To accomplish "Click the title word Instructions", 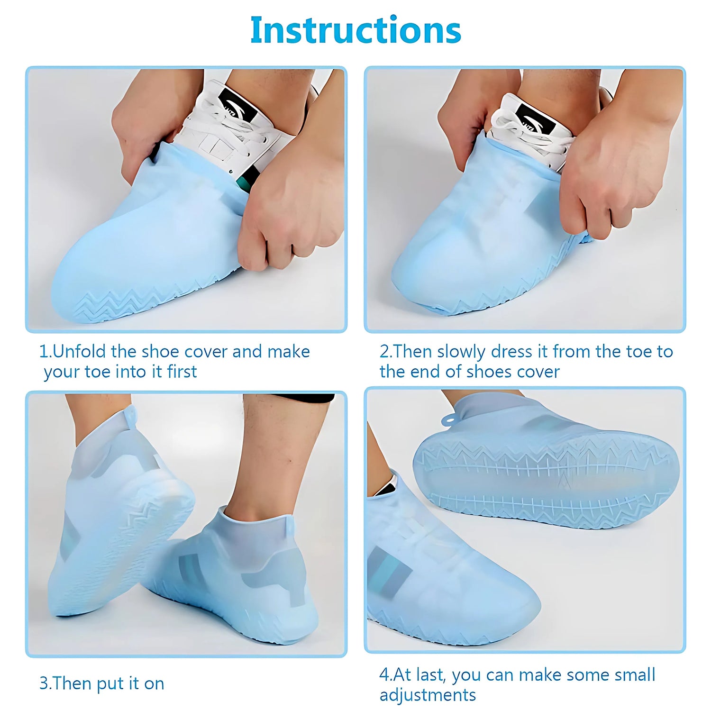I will coord(355,30).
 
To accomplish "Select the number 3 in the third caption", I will coord(44,684).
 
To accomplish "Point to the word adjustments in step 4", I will coord(428,695).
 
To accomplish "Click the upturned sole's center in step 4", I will coord(545,479).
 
